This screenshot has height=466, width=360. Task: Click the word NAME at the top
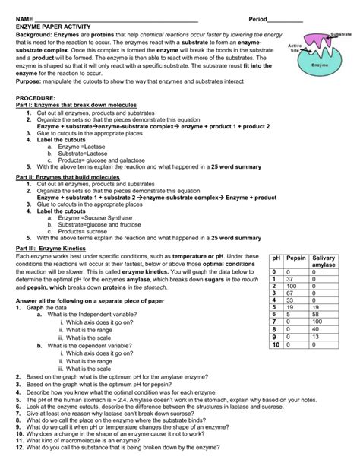pos(25,18)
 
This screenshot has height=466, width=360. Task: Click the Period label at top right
pos(264,18)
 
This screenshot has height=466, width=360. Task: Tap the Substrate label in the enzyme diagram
pos(339,35)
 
